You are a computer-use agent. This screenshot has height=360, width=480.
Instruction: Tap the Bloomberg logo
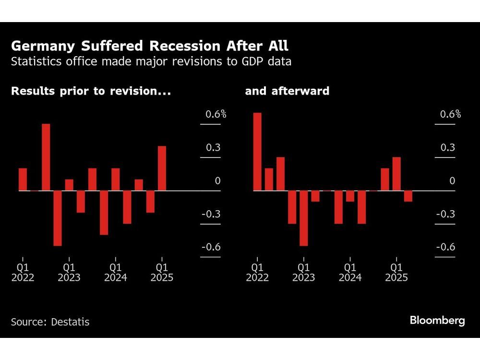[x=437, y=321]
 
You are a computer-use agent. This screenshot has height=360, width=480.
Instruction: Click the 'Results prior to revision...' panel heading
[x=91, y=91]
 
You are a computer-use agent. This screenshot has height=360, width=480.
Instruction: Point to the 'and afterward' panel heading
[x=287, y=91]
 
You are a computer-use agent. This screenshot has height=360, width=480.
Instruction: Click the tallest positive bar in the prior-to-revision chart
[x=46, y=157]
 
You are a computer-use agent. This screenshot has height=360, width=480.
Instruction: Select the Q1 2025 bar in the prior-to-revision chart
[x=162, y=168]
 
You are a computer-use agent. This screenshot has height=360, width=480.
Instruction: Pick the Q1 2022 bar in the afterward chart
[x=257, y=152]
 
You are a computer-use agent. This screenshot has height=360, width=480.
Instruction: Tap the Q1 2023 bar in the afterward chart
[x=304, y=218]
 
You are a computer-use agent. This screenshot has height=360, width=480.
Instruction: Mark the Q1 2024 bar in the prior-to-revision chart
[x=116, y=180]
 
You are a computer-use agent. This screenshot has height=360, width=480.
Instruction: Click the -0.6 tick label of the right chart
[x=445, y=247]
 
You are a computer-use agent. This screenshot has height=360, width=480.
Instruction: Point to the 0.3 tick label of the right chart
[x=448, y=147]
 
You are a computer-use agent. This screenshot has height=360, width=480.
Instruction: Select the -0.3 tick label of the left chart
[x=210, y=214]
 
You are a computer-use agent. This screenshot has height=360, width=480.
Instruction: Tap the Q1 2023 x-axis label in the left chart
[x=69, y=272]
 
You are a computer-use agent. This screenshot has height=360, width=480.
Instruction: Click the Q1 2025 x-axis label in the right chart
[x=396, y=272]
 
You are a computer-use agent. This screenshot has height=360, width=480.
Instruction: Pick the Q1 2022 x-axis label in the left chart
[x=23, y=272]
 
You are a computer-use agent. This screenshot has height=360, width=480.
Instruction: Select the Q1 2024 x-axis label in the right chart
[x=350, y=272]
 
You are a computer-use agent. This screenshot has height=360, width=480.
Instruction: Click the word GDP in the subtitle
[x=245, y=61]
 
